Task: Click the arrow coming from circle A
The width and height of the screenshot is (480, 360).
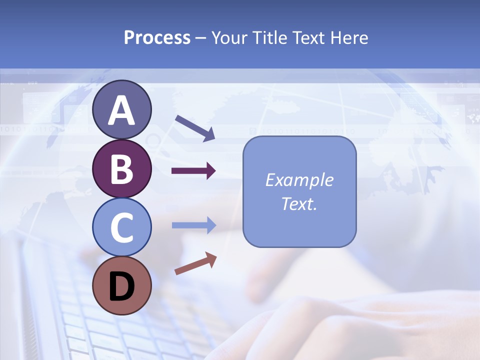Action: click(195, 128)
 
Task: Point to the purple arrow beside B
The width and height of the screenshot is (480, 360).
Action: click(193, 171)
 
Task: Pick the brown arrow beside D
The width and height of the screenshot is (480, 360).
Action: click(195, 263)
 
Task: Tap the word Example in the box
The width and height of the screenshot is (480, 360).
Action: click(299, 180)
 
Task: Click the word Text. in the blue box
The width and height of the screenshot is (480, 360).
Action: click(299, 203)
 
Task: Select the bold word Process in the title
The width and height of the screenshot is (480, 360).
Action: click(157, 37)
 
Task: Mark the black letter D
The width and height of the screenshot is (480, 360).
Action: click(121, 286)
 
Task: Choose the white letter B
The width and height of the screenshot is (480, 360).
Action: click(121, 169)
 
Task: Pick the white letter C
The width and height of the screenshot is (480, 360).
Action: click(121, 228)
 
